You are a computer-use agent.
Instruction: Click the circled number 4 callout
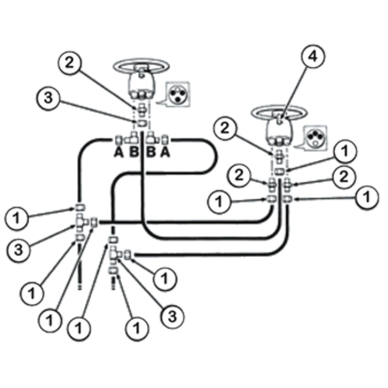tap(311, 56)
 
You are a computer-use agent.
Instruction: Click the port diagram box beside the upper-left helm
tap(177, 95)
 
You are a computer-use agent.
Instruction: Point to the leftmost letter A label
tap(118, 153)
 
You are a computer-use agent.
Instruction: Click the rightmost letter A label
tap(165, 153)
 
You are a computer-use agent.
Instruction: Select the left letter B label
tap(134, 153)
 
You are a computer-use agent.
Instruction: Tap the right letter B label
tap(151, 153)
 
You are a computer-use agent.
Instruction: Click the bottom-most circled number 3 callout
tap(174, 316)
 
